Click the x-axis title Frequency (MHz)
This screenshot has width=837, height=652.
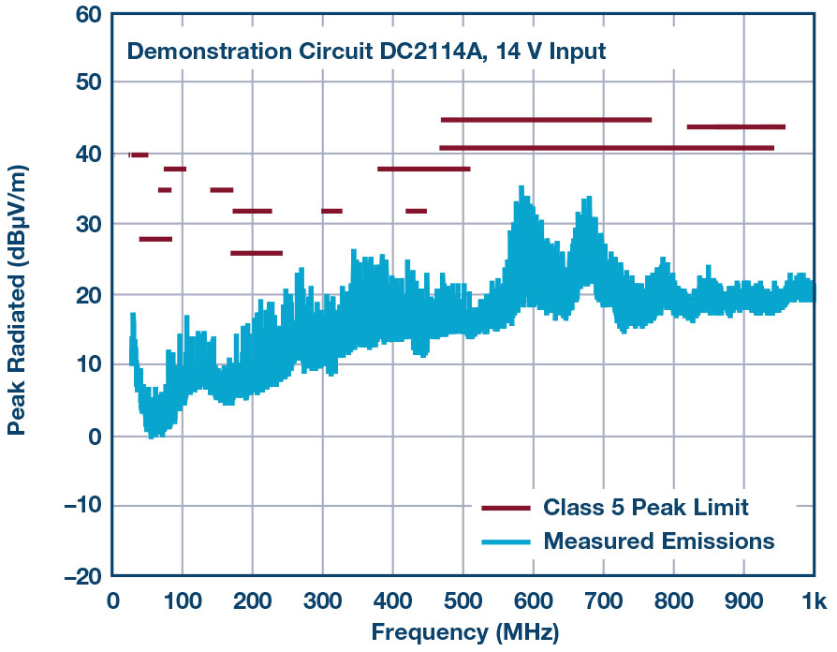pyautogui.click(x=465, y=632)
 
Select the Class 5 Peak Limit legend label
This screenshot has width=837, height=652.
pyautogui.click(x=646, y=508)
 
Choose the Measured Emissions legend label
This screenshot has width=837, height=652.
pyautogui.click(x=659, y=541)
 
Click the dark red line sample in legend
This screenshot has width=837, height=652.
pyautogui.click(x=507, y=508)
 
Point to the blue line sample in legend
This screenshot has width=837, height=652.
pyautogui.click(x=507, y=541)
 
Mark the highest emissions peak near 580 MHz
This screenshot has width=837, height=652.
pyautogui.click(x=521, y=188)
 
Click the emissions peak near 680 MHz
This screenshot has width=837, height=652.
pyautogui.click(x=589, y=199)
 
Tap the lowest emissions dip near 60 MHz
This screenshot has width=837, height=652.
pyautogui.click(x=151, y=437)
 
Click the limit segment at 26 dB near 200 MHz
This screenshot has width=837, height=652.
pyautogui.click(x=256, y=253)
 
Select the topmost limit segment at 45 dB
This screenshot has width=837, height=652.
pyautogui.click(x=546, y=120)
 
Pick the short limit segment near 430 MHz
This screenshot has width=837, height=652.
pyautogui.click(x=416, y=211)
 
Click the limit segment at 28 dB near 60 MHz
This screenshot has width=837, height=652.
pyautogui.click(x=155, y=239)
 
